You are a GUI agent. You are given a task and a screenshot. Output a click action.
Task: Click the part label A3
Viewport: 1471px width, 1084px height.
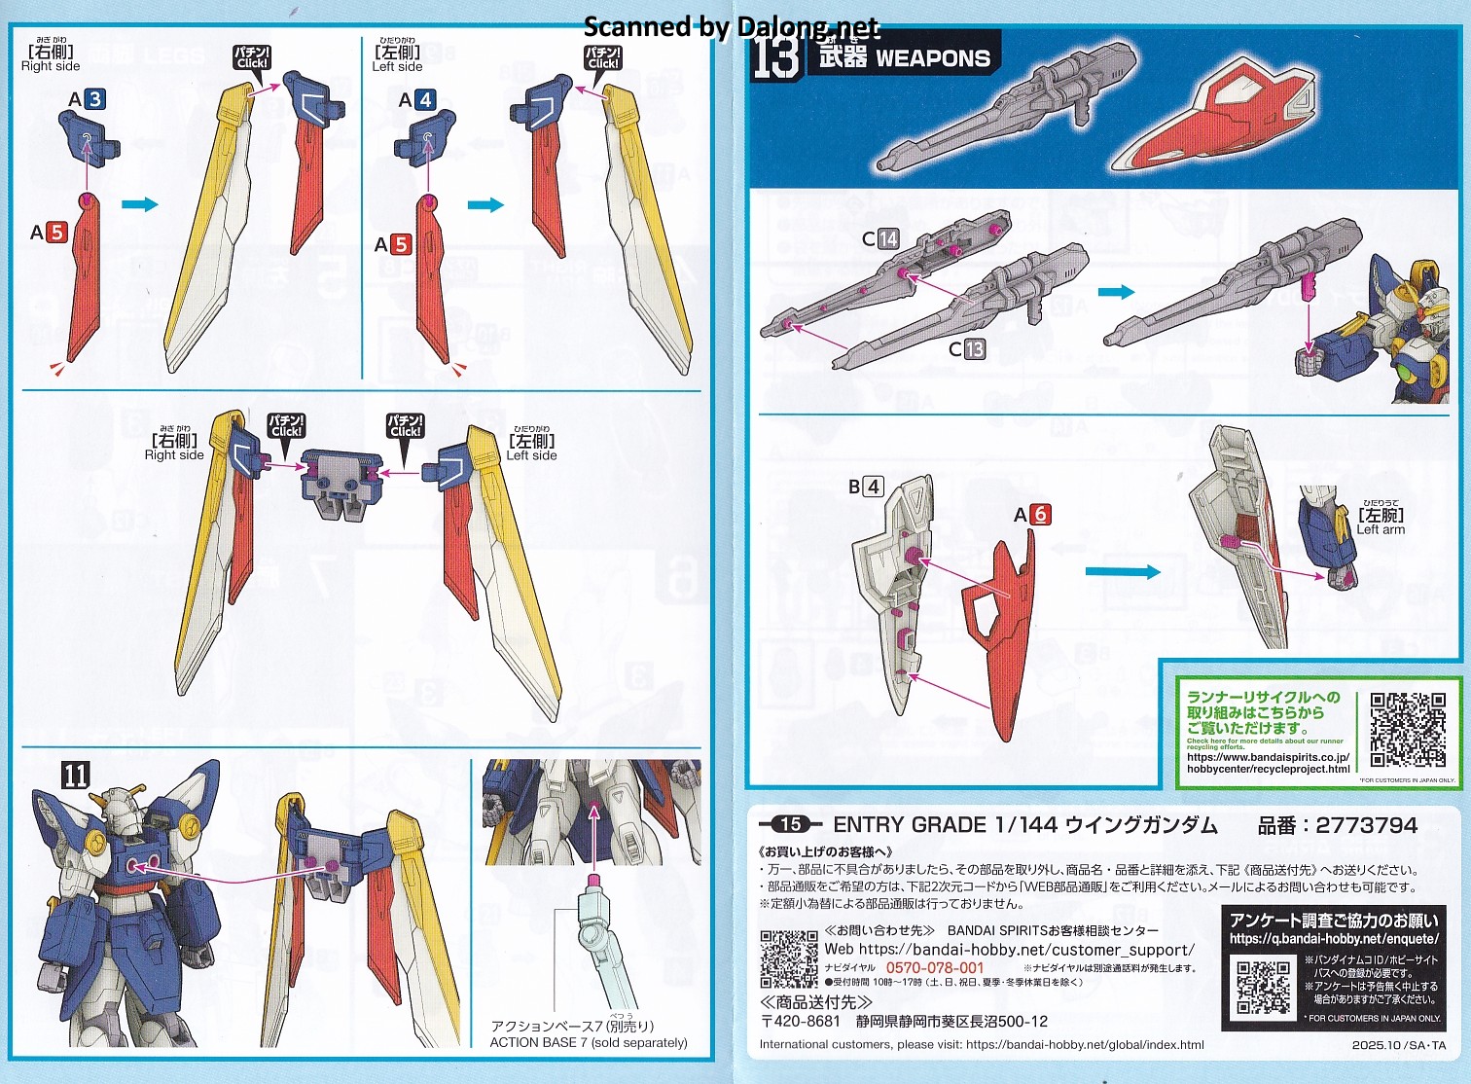pos(86,99)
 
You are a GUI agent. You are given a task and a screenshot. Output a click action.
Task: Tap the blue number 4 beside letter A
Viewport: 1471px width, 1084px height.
pos(425,99)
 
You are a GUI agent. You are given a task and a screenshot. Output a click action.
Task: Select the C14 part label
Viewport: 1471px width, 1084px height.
pos(880,238)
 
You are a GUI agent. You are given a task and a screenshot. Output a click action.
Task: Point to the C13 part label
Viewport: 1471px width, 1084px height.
pos(967,348)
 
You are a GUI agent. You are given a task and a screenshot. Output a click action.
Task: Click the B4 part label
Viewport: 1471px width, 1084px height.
pos(865,487)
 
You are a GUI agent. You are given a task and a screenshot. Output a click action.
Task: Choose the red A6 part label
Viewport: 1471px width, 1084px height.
pos(1032,514)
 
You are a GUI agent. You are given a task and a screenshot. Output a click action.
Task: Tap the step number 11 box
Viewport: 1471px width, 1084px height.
pos(76,775)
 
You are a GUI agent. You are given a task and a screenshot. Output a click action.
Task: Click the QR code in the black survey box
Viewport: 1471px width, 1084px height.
pos(1263,988)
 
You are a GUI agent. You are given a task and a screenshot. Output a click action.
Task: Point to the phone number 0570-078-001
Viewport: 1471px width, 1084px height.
pos(934,968)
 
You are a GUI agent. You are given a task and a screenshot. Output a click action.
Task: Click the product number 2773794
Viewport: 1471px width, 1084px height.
pos(1366,825)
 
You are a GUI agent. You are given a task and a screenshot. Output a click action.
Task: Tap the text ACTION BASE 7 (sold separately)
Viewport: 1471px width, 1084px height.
pos(588,1042)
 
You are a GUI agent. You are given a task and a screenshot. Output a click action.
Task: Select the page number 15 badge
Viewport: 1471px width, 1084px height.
pos(790,824)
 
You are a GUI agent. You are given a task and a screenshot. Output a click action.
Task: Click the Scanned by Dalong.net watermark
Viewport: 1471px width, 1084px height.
pos(731,26)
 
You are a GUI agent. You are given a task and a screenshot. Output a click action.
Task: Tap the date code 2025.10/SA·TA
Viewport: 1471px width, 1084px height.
pos(1398,1045)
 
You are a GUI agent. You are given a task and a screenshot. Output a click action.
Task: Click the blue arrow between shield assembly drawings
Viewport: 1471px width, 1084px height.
pos(1123,572)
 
